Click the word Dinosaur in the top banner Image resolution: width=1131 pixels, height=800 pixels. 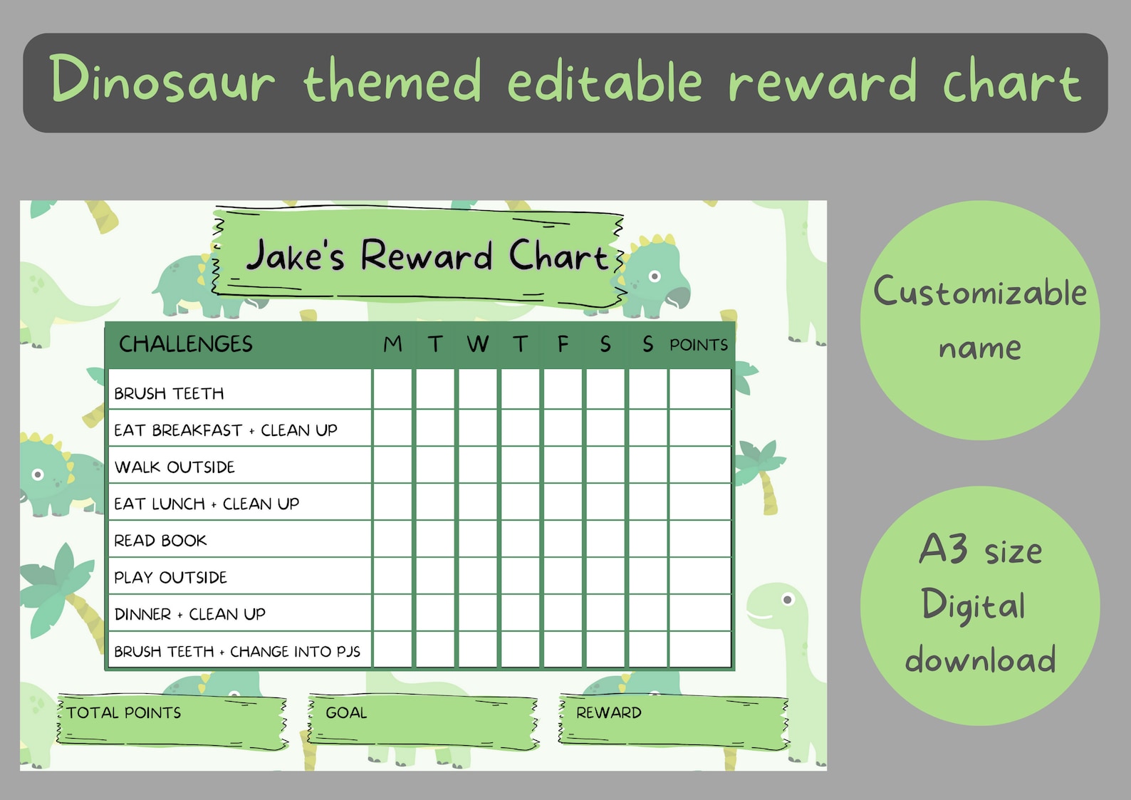click(162, 80)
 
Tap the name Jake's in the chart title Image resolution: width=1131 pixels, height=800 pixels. click(295, 256)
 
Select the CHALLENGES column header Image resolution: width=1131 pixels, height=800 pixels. click(185, 344)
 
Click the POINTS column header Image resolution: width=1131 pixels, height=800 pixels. click(698, 345)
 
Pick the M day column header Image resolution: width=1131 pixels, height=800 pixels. click(392, 344)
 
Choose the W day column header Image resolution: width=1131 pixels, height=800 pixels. click(478, 344)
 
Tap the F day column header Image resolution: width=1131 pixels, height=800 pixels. click(563, 344)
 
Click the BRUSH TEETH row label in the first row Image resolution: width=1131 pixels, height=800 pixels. click(169, 393)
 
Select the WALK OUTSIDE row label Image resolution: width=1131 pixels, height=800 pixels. click(174, 467)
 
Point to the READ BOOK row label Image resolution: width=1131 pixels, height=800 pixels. click(160, 541)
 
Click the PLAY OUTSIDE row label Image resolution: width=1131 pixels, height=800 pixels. click(170, 577)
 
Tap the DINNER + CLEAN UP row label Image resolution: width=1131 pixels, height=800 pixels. click(189, 614)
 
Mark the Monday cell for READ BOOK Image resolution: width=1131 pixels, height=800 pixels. click(392, 539)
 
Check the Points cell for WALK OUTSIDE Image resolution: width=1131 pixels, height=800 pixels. click(699, 465)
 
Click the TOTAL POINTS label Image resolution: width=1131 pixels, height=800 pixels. click(124, 712)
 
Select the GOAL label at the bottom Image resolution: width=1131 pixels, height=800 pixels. click(346, 712)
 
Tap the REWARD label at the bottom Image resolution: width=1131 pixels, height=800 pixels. click(608, 712)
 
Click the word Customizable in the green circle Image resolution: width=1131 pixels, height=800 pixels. click(980, 292)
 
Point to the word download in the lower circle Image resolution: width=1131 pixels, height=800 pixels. click(980, 660)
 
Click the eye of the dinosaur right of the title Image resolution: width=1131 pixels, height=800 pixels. click(655, 276)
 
